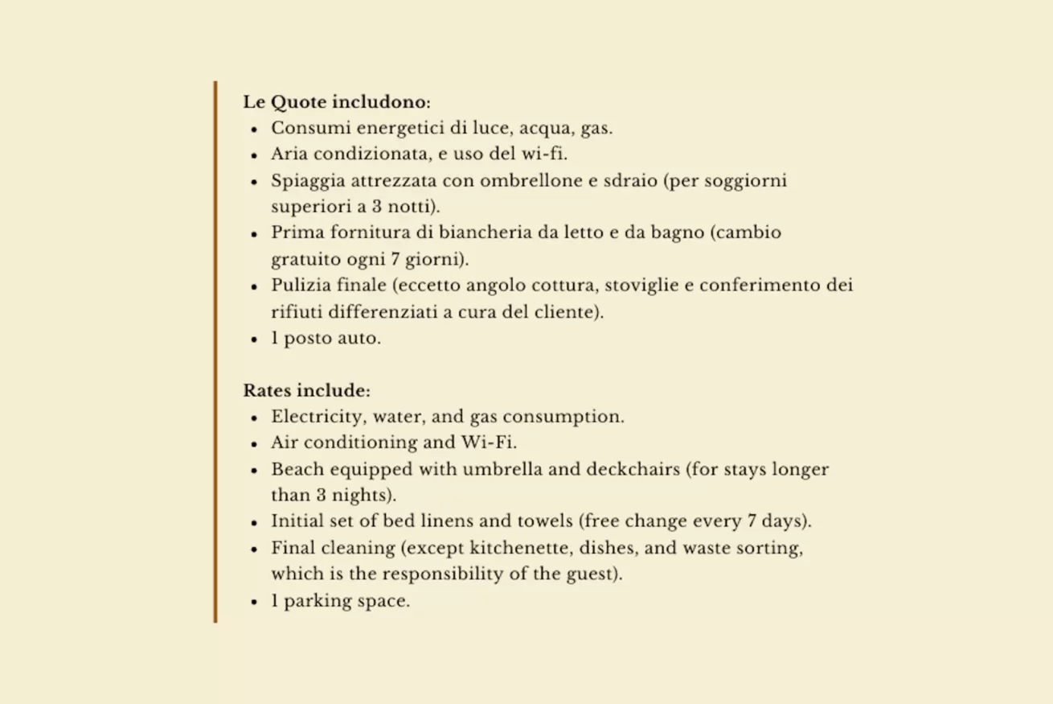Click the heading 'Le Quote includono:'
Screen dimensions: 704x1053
(x=337, y=102)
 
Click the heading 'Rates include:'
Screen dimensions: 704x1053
(x=306, y=391)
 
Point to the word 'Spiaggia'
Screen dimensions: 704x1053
(x=304, y=180)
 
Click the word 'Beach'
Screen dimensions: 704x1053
(x=295, y=469)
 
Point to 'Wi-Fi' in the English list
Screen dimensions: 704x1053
(x=488, y=443)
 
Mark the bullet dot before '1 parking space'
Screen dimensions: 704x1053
(x=254, y=602)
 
